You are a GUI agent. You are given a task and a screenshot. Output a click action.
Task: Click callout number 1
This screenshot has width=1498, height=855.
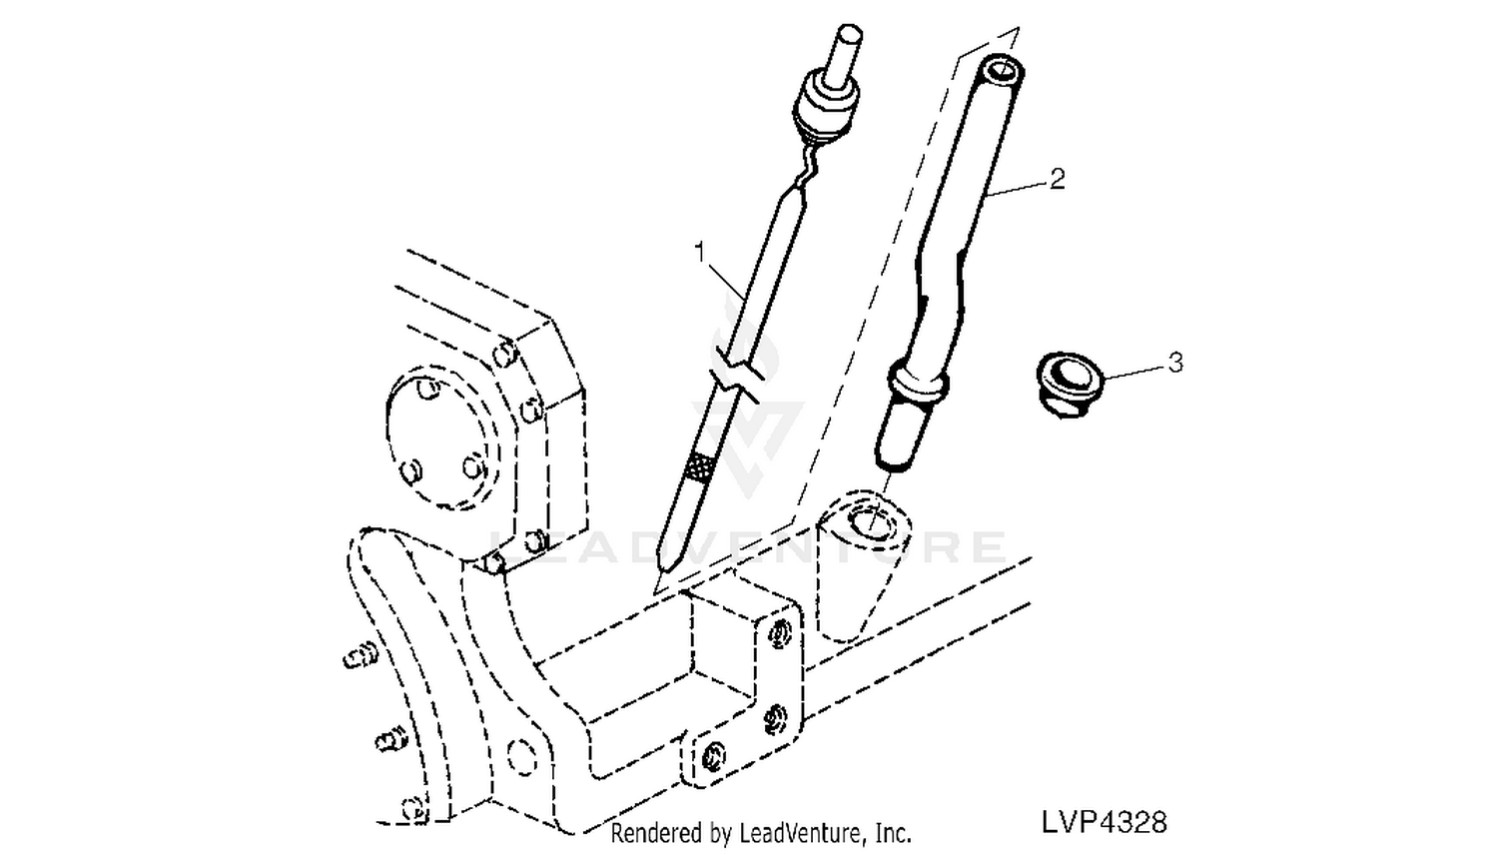700,253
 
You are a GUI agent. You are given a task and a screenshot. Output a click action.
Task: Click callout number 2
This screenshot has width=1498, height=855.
1058,179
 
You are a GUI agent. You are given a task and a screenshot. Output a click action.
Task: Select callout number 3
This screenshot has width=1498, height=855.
1175,363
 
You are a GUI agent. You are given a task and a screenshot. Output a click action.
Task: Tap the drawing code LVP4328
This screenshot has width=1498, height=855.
1105,822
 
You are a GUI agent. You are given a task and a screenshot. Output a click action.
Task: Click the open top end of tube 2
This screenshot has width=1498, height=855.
1003,70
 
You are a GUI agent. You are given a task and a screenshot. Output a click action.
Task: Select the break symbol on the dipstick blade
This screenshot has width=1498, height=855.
738,378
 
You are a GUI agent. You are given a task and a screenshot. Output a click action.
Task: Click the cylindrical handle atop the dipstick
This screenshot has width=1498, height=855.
847,54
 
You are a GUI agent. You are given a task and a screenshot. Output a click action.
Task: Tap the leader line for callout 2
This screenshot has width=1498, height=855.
1017,187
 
